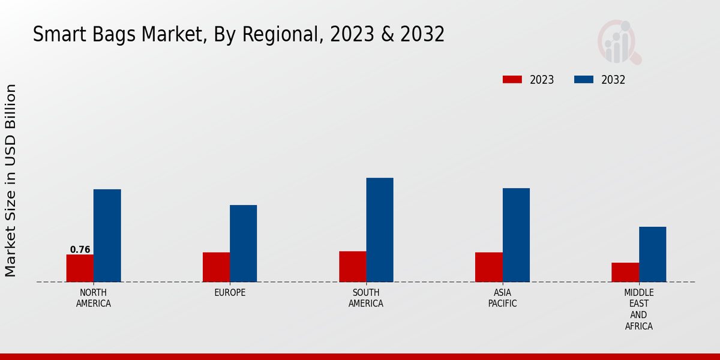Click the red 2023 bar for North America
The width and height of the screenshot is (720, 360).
click(80, 268)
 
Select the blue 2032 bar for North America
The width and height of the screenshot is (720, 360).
click(107, 236)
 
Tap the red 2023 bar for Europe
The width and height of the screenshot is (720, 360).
click(216, 267)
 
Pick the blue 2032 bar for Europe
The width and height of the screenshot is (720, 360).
click(243, 244)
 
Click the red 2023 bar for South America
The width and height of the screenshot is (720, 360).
click(352, 266)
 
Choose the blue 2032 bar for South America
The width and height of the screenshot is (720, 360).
click(380, 230)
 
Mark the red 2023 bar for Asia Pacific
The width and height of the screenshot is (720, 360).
click(488, 267)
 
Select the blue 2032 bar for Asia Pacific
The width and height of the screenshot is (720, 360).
click(516, 235)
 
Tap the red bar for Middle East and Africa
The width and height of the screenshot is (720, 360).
click(625, 272)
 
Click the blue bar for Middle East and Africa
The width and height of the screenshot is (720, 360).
click(652, 254)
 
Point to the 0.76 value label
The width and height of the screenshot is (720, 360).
click(80, 250)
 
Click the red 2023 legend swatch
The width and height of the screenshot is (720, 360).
click(512, 80)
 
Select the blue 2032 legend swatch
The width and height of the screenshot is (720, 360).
click(584, 80)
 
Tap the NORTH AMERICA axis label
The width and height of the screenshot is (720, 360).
click(94, 298)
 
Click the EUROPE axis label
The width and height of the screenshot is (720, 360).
click(230, 293)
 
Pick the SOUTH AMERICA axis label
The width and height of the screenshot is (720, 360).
click(366, 298)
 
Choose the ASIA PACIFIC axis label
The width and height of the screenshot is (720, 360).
click(502, 298)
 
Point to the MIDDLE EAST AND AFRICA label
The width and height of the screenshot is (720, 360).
click(638, 310)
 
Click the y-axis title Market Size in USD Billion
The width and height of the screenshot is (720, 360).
click(11, 180)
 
